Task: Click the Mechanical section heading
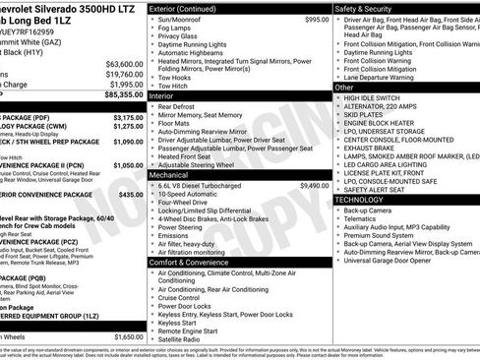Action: [174, 173]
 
